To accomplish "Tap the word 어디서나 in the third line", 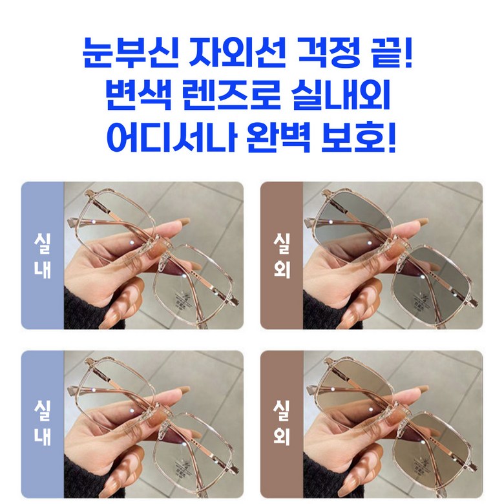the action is [172, 137].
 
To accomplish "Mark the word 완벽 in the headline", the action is [279, 137].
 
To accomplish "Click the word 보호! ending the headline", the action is [359, 137].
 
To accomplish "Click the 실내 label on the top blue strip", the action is [43, 255].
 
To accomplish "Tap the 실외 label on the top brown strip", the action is [282, 255].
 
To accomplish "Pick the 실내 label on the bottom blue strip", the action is [43, 423].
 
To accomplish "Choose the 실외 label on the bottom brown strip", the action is [282, 423].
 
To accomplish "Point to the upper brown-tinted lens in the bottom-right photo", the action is [353, 388].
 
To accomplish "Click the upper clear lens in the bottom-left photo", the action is [116, 388].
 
